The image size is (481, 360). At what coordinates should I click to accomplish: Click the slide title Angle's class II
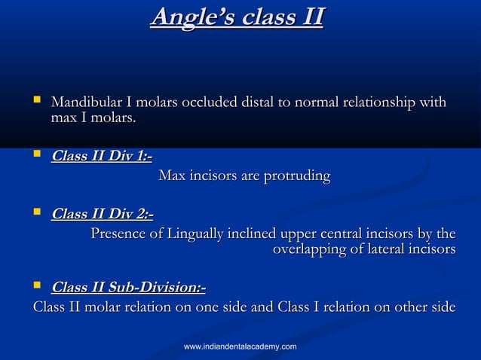coord(236,17)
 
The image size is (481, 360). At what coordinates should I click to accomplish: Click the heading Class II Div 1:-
coord(101,157)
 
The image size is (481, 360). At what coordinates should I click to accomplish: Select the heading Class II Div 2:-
coord(102,215)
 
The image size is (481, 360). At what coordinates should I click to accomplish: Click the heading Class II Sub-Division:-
coord(128,288)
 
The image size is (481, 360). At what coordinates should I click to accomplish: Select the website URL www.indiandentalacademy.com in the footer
coord(240,346)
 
